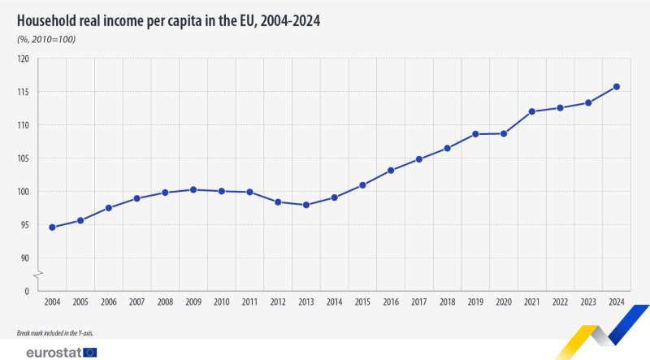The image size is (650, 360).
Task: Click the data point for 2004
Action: [52, 228]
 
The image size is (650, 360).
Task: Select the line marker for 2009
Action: [193, 189]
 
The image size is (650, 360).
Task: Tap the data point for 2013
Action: [306, 205]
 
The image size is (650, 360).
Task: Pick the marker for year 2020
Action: [504, 133]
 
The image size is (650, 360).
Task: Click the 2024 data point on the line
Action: [617, 87]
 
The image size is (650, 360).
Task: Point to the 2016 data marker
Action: [391, 171]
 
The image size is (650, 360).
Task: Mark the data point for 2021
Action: [532, 111]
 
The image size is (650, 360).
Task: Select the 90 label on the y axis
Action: [24, 258]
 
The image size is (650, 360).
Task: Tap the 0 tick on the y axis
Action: [27, 291]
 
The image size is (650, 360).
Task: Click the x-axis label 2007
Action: [136, 302]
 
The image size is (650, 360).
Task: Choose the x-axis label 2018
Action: [447, 302]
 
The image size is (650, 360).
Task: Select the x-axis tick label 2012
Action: [278, 302]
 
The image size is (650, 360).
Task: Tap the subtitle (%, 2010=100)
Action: [46, 39]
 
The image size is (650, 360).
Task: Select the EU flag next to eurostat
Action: [89, 352]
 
